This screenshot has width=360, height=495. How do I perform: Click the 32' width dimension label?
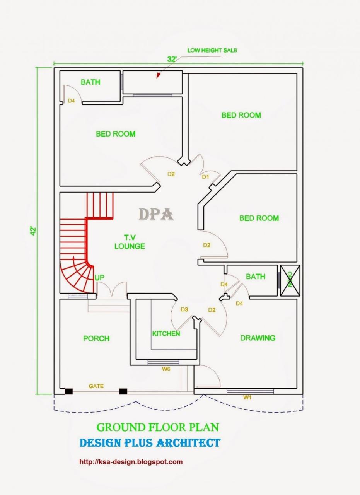pos(172,59)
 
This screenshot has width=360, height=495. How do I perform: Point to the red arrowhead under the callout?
pos(158,76)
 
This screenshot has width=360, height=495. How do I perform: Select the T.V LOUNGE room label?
pos(130,242)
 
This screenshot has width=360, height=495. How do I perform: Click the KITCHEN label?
pos(166,333)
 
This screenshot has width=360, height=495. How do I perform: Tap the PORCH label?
pos(96,338)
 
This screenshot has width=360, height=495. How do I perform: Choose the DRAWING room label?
pos(258,338)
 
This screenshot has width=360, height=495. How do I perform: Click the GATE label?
pos(96,386)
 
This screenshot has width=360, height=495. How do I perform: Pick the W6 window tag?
pos(166,369)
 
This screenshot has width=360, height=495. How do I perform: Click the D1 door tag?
pos(206,177)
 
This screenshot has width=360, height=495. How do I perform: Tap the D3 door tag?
pos(184,309)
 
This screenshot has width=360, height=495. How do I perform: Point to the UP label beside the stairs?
pos(99,277)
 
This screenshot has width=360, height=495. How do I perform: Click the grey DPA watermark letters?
pos(156,214)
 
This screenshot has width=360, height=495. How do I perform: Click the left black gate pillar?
pos(68,391)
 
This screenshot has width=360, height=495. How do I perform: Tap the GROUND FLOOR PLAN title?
pos(158,427)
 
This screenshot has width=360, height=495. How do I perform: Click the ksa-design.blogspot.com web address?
pos(131,462)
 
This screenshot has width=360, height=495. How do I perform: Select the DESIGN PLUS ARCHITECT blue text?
pos(150,443)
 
